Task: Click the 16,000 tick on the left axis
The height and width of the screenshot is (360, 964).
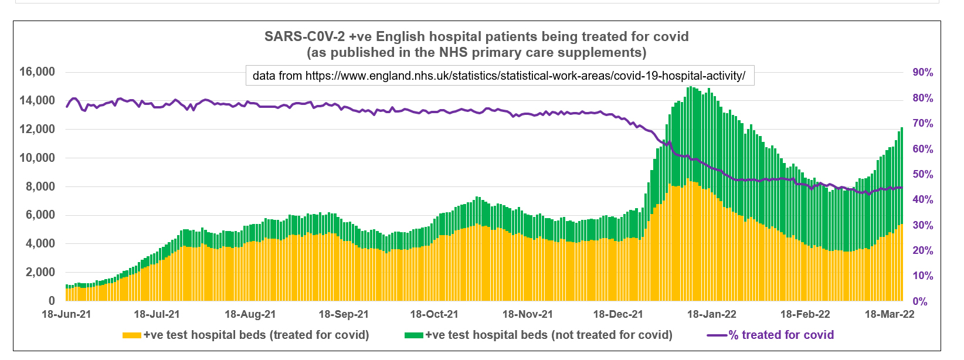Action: pos(37,72)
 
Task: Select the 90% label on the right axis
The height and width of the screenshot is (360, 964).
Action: pos(923,73)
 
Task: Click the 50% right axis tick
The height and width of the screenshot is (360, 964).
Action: pos(923,175)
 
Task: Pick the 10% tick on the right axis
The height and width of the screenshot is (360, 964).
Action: pos(923,276)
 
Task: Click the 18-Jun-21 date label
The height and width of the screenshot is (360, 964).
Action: pos(66,314)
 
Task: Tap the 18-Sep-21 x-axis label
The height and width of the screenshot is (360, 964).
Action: pos(344,314)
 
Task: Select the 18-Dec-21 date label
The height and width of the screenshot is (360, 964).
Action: pos(618,314)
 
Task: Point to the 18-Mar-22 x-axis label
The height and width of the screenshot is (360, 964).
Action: pos(890,314)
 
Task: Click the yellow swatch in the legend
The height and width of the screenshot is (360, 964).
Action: pos(131,335)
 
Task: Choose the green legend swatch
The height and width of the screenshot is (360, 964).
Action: pos(414,335)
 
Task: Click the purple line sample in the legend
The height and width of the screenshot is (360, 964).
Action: pos(717,335)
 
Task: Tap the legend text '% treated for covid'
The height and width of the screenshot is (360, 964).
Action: pos(781,335)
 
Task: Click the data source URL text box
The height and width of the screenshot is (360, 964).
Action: pos(499,76)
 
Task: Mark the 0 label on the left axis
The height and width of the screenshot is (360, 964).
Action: pos(51,301)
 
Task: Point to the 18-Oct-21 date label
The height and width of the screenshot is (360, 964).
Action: pos(434,314)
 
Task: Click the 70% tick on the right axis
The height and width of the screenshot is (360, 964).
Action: pos(923,124)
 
